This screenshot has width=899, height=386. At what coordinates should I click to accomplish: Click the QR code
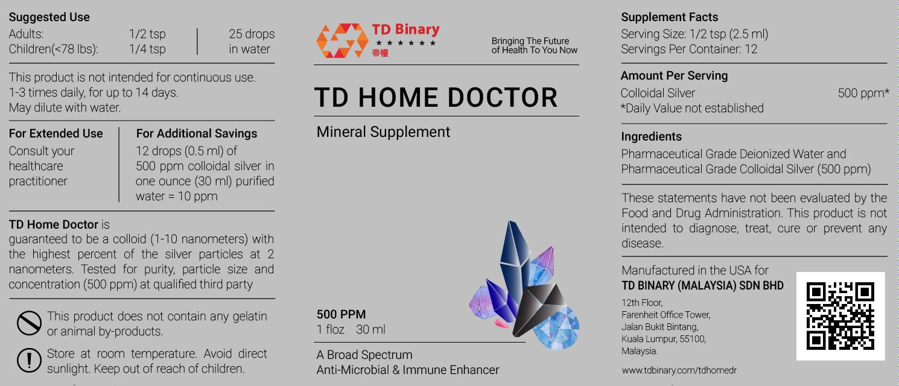pos(840,316)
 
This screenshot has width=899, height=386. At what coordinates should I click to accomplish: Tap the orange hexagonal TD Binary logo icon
pos(342,40)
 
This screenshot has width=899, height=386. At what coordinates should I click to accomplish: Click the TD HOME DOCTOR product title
pos(436,98)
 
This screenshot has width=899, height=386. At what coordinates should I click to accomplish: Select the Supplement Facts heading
pos(670,17)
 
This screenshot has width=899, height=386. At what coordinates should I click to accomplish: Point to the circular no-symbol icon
pos(29,323)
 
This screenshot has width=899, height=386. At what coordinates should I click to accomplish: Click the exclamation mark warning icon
pos(29,360)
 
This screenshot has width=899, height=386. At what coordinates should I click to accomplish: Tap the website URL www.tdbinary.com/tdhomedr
pos(679,370)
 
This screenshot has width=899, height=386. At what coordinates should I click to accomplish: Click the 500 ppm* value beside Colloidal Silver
pos(863,93)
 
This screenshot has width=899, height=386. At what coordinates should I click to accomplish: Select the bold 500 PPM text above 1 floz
pos(341,314)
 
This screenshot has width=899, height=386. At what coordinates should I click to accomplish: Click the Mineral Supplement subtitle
pos(383,132)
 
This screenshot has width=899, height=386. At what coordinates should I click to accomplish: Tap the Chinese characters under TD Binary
pos(380,53)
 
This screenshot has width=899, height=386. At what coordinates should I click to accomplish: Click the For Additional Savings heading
pos(197,134)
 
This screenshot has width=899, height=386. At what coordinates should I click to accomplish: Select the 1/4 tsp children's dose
pos(147,49)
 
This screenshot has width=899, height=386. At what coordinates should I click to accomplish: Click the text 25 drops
pos(252,34)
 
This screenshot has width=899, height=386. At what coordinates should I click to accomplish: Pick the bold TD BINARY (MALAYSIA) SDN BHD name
pos(702,286)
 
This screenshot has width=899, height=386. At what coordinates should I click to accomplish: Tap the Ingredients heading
pos(652,137)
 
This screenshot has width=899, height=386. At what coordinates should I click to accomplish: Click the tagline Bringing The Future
pos(530,41)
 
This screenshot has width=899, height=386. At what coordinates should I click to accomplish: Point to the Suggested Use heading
pos(49,17)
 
